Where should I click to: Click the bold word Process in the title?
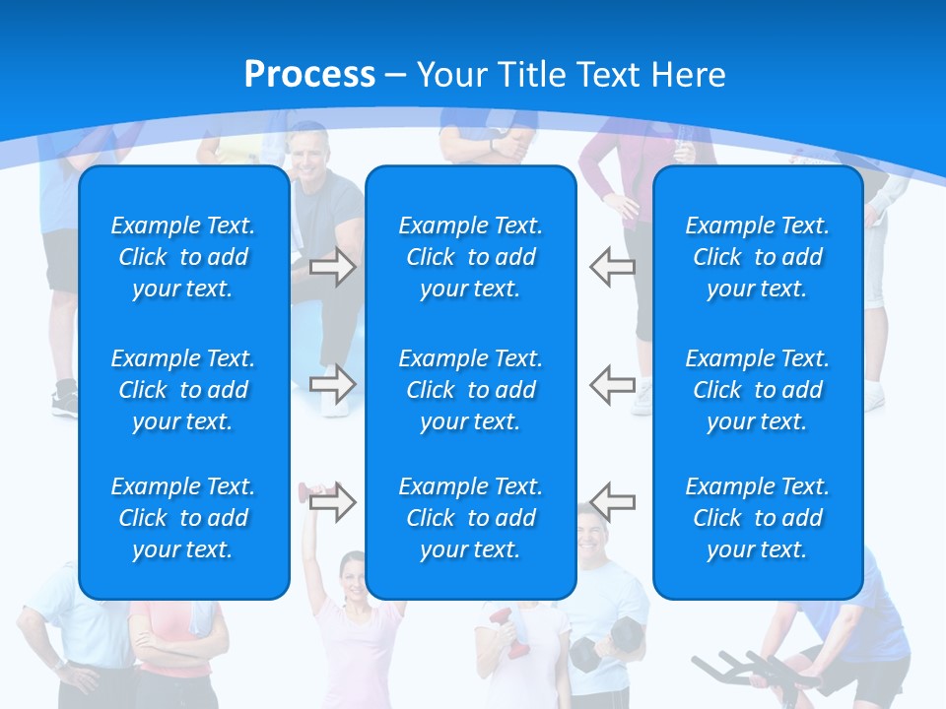309,74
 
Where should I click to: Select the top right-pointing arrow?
332,267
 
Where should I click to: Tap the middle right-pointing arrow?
332,383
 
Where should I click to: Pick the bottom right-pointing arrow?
332,501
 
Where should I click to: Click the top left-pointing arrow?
613,267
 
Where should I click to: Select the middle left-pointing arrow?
613,383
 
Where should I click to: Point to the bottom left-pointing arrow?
613,501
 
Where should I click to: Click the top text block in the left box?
183,257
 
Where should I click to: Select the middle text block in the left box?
183,390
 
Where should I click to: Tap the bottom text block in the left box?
183,518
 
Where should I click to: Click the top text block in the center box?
470,257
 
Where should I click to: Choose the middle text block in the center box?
470,390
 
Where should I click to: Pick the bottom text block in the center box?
470,518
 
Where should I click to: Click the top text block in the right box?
757,257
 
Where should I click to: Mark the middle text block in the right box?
757,390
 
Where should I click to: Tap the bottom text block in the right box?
757,518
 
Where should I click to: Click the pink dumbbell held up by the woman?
305,489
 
